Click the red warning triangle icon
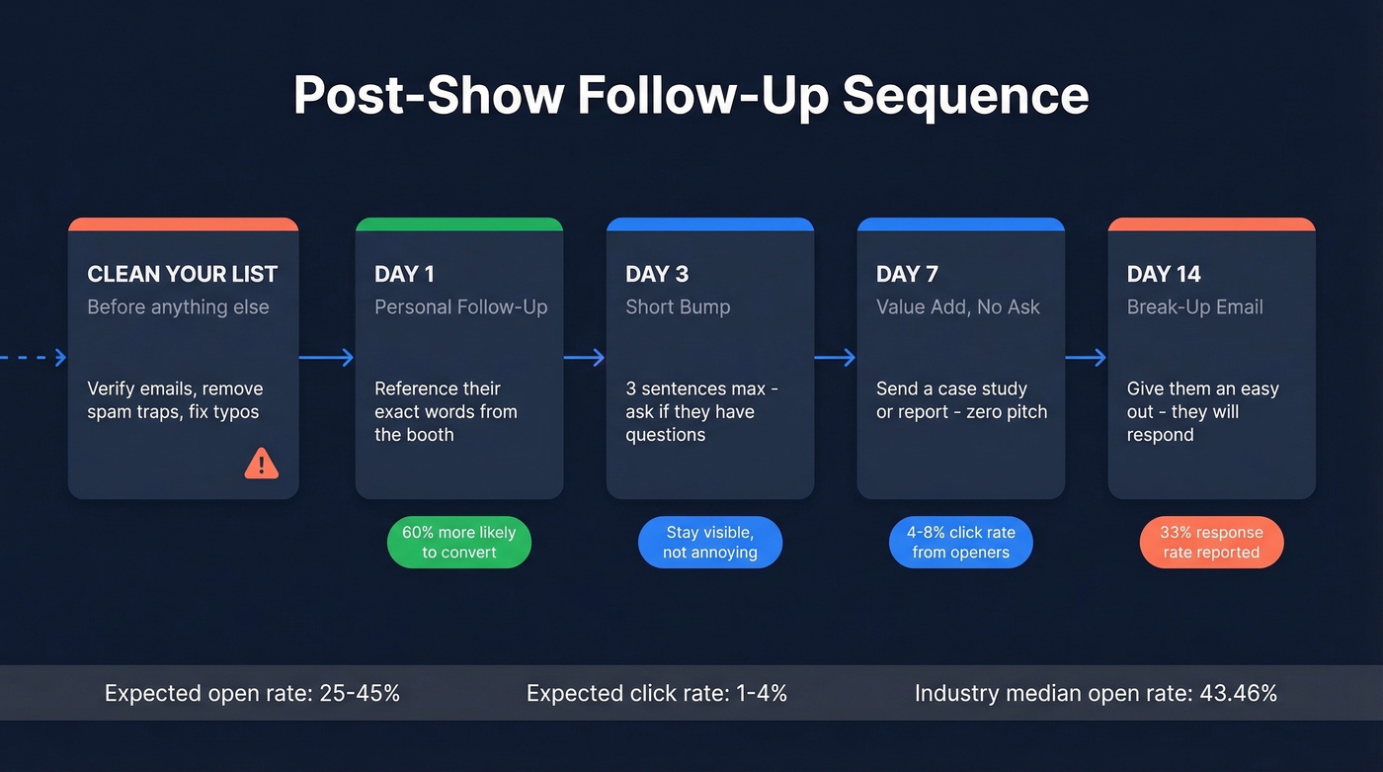261,463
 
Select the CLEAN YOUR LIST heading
183,274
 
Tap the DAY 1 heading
404,274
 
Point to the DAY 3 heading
657,274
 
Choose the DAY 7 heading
907,274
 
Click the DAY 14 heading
1164,274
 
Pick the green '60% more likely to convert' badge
459,543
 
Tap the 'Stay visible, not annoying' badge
710,543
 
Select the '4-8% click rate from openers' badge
961,543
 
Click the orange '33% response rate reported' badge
1212,543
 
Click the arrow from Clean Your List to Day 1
327,358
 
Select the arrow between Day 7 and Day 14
1086,358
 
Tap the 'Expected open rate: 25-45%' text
252,693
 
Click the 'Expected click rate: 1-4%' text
657,693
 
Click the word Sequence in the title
965,96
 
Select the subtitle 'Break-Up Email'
1195,307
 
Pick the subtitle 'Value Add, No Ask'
958,307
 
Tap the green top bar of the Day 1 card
459,224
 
